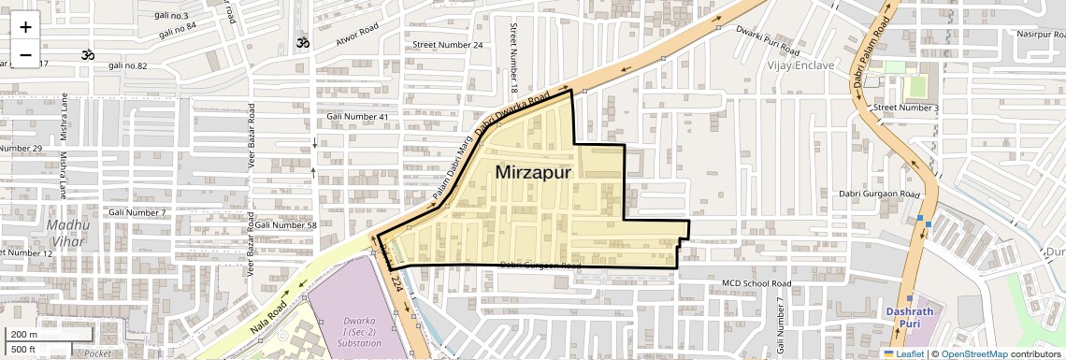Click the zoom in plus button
[25, 27]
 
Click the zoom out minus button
[25, 55]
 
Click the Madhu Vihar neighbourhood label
[66, 233]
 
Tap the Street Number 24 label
[448, 45]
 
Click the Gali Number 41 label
[357, 116]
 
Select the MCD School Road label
[756, 282]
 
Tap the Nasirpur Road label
[1041, 34]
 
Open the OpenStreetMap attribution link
[973, 353]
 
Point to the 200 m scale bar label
[25, 335]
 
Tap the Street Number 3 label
[905, 108]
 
